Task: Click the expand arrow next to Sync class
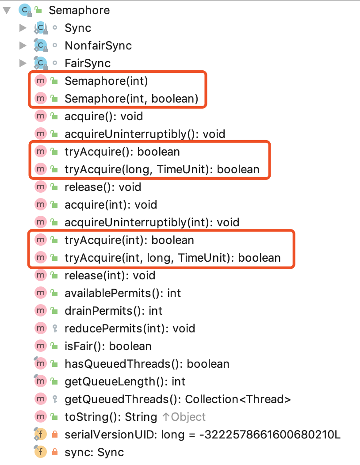pos(23,28)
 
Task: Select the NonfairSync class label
pos(98,46)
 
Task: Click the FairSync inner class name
pos(87,63)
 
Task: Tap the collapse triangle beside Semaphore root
pos(6,10)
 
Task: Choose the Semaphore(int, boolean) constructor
pos(131,99)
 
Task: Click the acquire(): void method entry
pos(103,116)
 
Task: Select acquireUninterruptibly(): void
pos(145,134)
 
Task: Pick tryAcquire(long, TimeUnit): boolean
pos(161,169)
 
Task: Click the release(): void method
pos(103,187)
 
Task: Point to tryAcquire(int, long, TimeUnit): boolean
pos(172,258)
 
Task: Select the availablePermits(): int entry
pos(123,293)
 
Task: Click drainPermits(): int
pos(113,311)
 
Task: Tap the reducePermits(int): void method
pos(130,328)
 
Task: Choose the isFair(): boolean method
pos(108,346)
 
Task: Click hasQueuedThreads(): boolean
pos(147,364)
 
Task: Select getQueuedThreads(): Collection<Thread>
pos(177,399)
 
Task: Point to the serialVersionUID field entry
pos(202,435)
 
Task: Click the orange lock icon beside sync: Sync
pos(55,452)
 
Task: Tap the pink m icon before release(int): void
pos(41,275)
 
